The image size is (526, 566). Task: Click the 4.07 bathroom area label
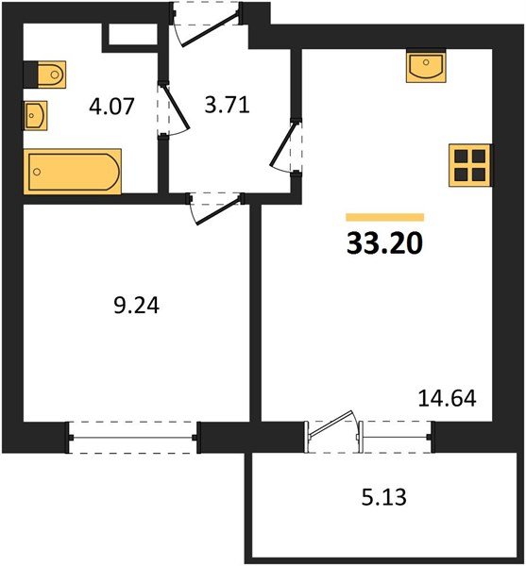tap(111, 106)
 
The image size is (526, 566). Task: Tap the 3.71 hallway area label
tap(227, 106)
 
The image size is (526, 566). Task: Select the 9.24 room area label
tap(136, 306)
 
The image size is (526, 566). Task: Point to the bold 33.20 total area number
tap(384, 243)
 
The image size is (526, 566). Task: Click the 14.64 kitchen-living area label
tap(447, 398)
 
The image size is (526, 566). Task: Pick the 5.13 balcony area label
tap(384, 497)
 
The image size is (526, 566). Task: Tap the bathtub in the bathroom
tap(73, 172)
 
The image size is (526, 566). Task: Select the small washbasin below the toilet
tap(35, 115)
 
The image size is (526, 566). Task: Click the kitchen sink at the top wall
tap(426, 66)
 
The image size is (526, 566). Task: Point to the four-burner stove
tap(469, 165)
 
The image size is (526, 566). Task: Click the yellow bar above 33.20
tap(384, 217)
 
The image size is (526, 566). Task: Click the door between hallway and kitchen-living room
tap(285, 146)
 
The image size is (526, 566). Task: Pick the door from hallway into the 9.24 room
tap(215, 209)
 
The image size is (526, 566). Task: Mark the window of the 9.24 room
tap(133, 438)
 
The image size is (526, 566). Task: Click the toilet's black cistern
tap(30, 75)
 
